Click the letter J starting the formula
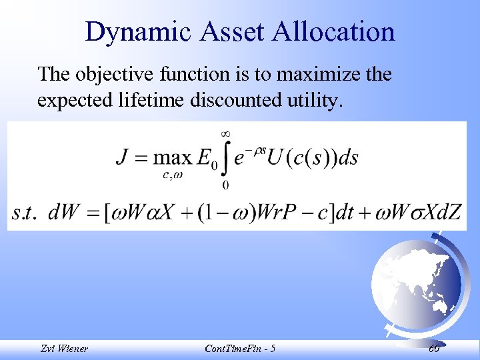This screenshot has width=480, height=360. click(122, 158)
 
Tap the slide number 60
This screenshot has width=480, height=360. click(434, 349)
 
